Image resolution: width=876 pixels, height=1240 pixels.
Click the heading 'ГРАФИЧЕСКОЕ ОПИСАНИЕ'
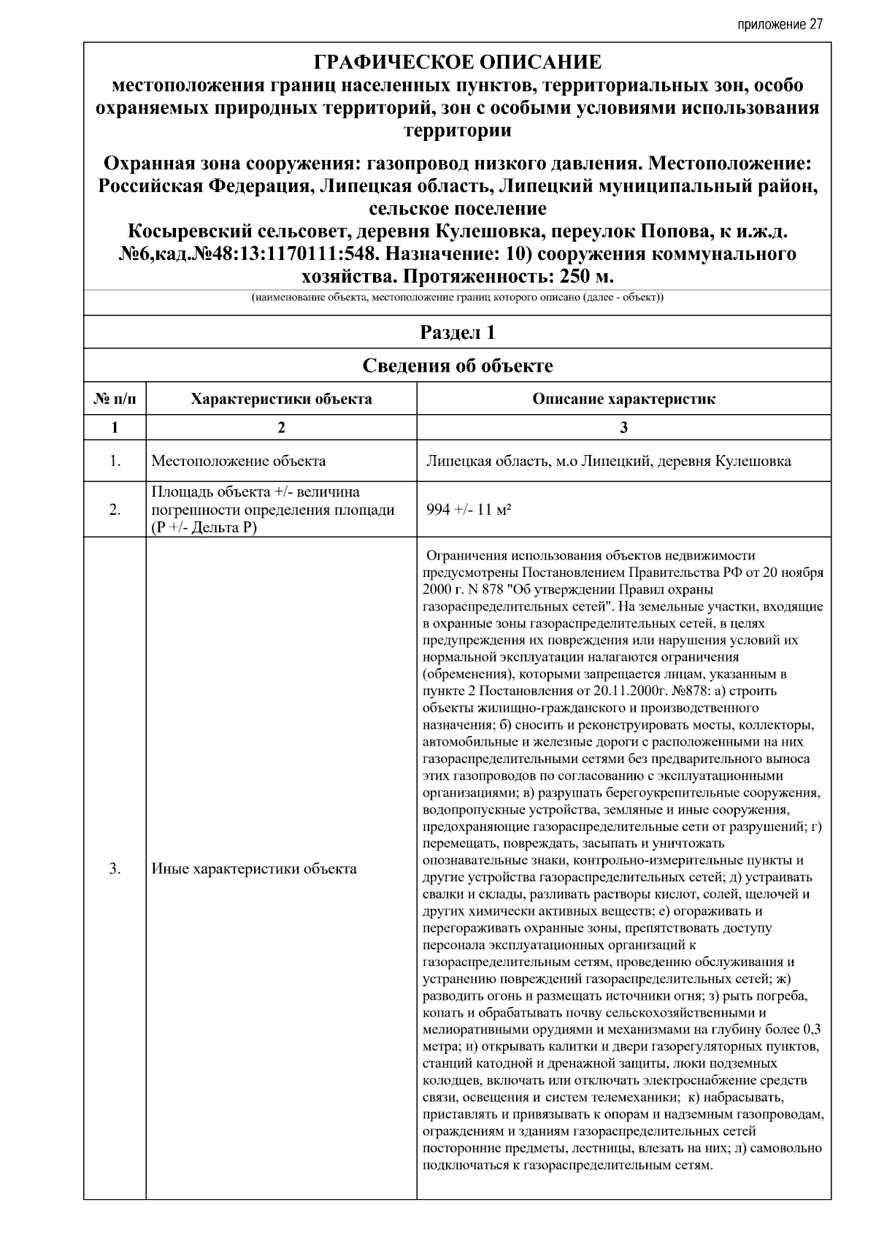(x=457, y=61)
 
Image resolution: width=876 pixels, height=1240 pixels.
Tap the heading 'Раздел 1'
(x=457, y=333)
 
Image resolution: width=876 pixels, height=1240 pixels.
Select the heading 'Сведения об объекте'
(x=457, y=366)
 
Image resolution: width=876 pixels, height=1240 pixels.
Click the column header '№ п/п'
(x=115, y=399)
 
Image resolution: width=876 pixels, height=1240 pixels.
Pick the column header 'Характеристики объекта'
(x=281, y=399)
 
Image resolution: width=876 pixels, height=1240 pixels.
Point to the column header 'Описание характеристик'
(x=623, y=399)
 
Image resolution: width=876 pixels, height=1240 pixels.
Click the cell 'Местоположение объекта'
(x=239, y=461)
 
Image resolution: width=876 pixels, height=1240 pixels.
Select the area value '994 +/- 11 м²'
(x=468, y=510)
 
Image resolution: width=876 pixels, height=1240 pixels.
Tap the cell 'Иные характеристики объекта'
(x=254, y=868)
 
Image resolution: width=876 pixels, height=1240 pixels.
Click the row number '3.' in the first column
(x=115, y=868)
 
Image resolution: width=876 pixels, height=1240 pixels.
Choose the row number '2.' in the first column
(x=115, y=510)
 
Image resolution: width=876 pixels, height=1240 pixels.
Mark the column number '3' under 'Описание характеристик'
(x=623, y=428)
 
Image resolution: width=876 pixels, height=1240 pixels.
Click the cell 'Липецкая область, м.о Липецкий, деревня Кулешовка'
(x=608, y=462)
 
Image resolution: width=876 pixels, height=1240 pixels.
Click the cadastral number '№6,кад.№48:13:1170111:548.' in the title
(x=249, y=255)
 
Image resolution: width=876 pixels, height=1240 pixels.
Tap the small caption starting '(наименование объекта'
(x=457, y=298)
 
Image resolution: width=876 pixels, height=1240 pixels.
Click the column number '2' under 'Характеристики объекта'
(x=281, y=428)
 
